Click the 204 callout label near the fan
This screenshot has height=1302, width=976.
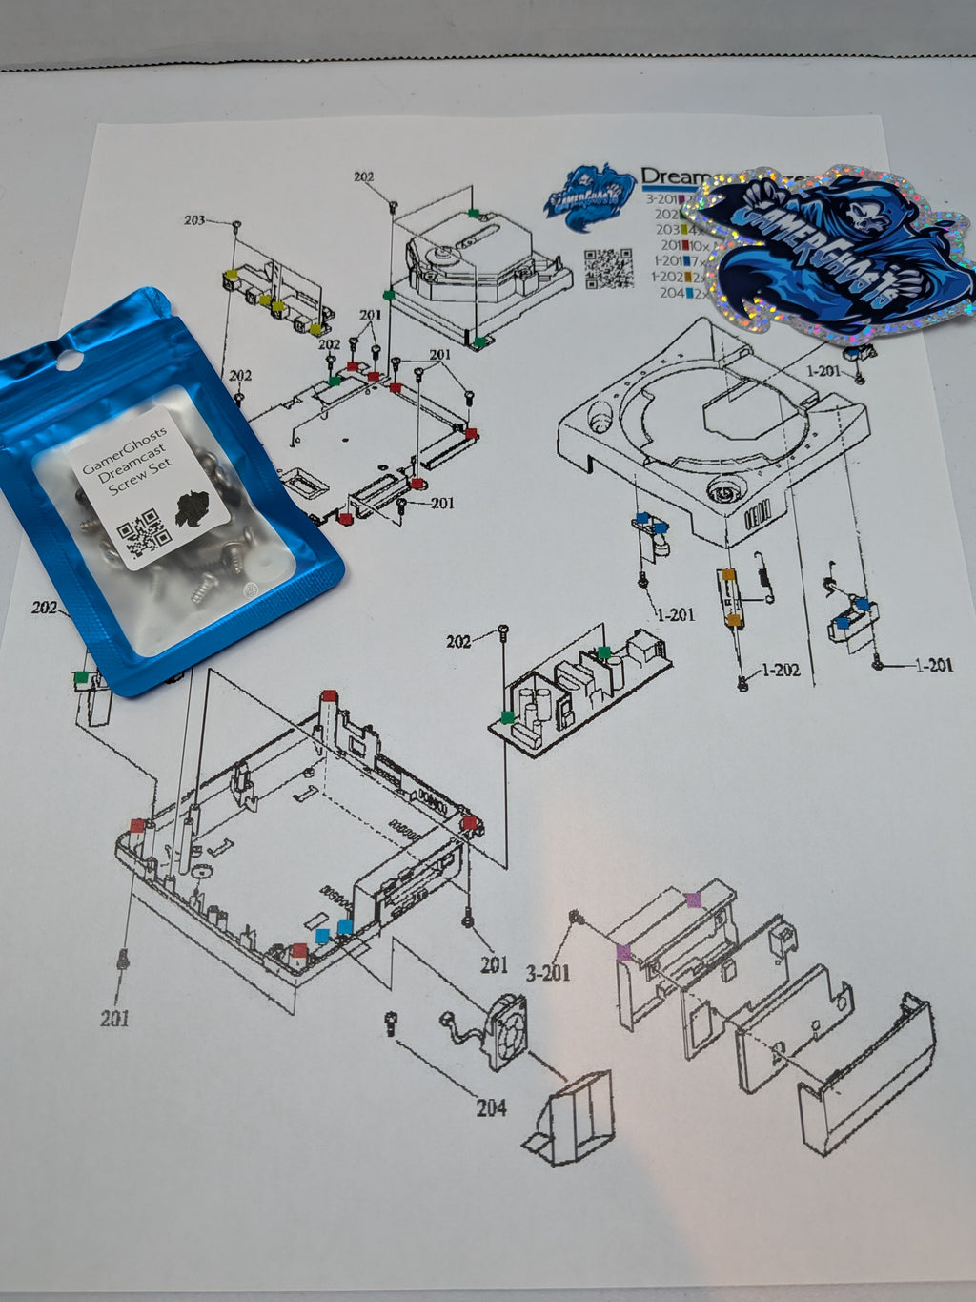tap(491, 1107)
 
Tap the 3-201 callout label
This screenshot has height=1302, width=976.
tap(548, 973)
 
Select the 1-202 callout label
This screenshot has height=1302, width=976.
tap(781, 671)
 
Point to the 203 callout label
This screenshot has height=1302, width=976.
tap(194, 220)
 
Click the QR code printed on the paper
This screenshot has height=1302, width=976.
tap(608, 267)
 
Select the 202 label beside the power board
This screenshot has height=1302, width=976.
tap(458, 641)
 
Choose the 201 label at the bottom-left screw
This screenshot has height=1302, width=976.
tap(114, 1019)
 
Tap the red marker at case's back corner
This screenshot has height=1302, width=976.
tap(329, 695)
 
